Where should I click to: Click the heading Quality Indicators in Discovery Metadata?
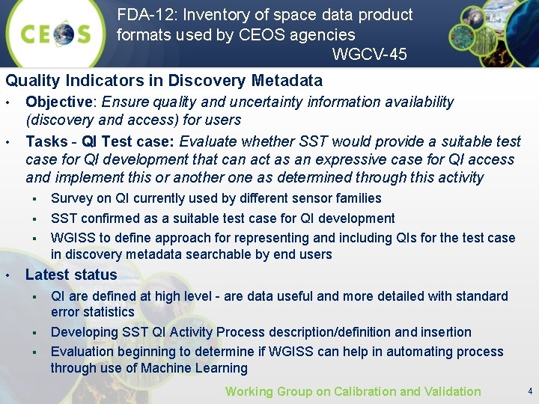point(164,81)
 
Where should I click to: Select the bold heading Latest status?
point(71,275)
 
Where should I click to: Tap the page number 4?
point(529,391)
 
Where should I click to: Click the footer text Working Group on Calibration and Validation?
point(353,391)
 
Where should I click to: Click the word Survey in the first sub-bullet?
point(72,198)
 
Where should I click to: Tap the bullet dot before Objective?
point(8,102)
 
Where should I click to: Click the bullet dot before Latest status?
point(8,275)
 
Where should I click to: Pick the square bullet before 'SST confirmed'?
point(34,218)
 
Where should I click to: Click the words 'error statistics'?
point(92,312)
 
